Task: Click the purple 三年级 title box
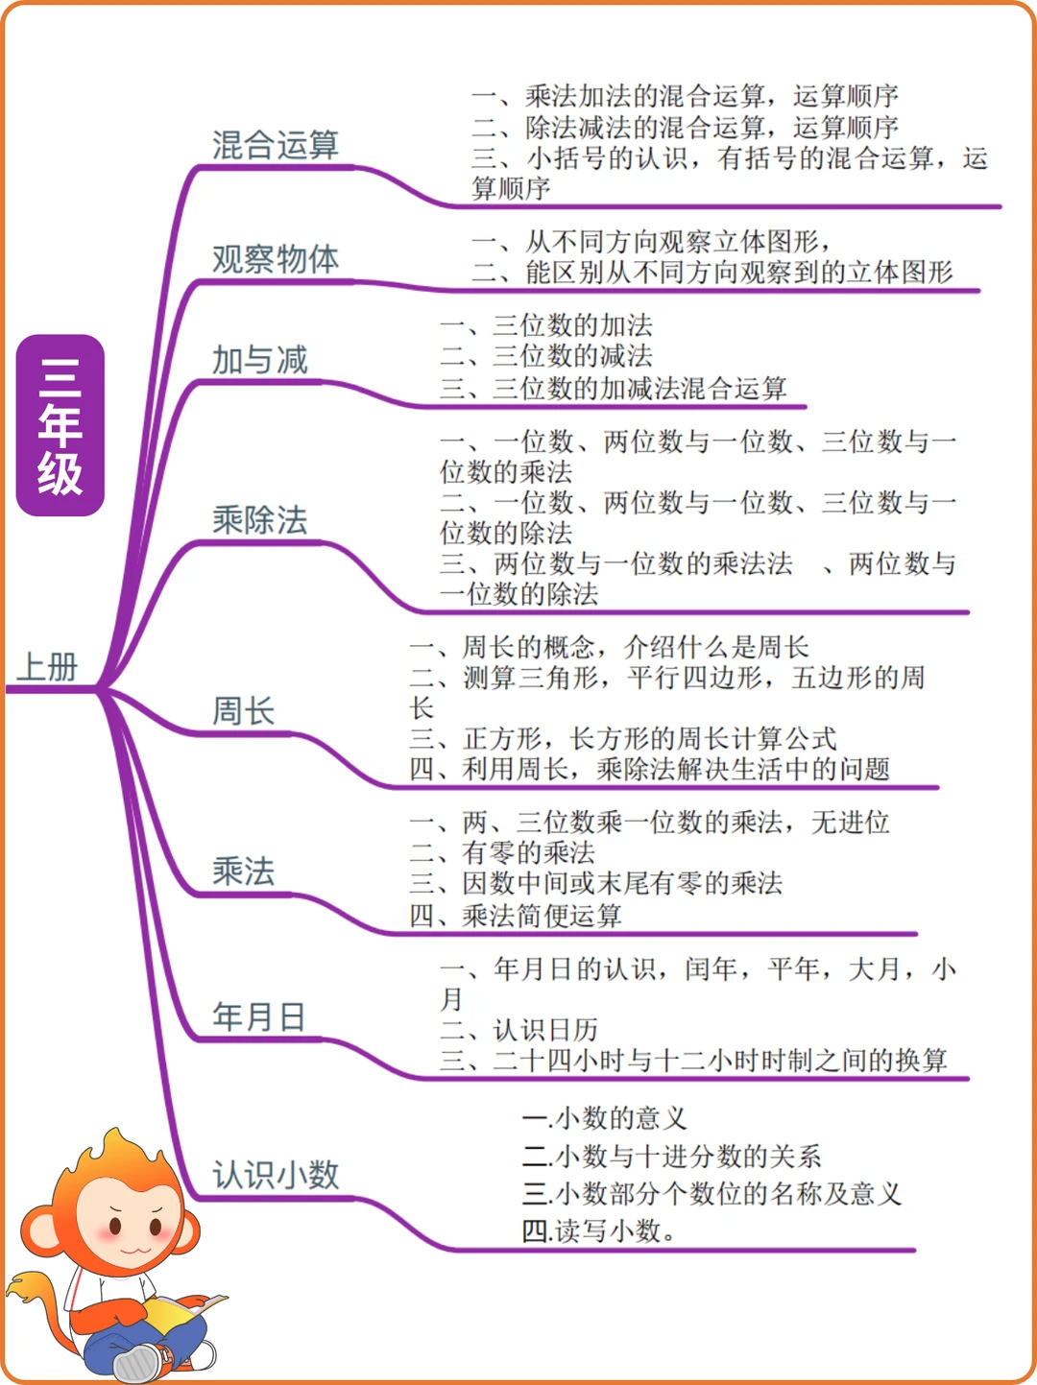60,425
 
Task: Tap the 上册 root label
48,667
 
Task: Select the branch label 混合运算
275,146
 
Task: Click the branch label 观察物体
275,259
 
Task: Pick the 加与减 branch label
259,361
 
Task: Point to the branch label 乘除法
259,520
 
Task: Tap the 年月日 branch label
258,1016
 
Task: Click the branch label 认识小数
275,1175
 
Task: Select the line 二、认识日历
518,1031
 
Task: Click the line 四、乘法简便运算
516,916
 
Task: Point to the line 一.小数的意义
604,1118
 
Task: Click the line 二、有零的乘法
502,853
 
